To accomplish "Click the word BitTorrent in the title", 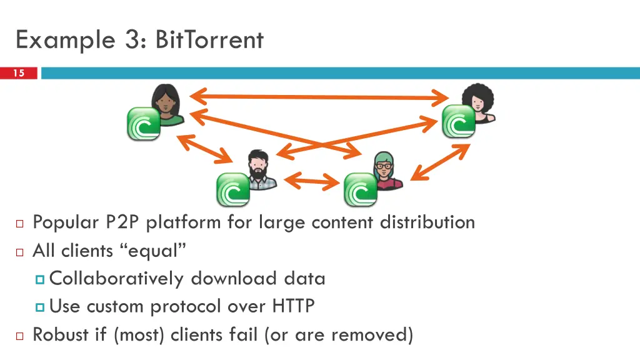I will point(209,40).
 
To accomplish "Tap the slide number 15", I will point(19,73).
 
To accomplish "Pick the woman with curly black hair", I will point(479,104).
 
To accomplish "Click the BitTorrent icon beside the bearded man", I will point(233,189).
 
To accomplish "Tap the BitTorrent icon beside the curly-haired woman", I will point(459,121).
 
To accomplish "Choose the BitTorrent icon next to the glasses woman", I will point(361,189).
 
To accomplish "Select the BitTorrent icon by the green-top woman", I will point(144,123).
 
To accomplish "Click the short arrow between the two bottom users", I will point(311,182).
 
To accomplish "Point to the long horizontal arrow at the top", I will point(319,97).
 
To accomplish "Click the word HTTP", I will point(293,306).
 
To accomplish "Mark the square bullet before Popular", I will point(19,223).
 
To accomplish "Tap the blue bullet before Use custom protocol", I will point(41,307).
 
